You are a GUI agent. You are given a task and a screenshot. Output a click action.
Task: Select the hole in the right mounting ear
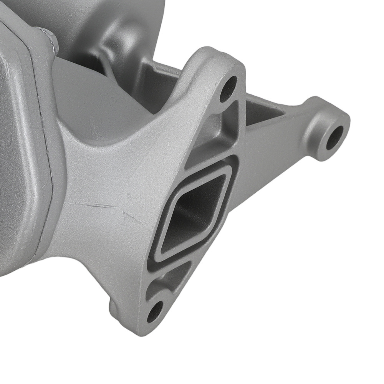point(335,137)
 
